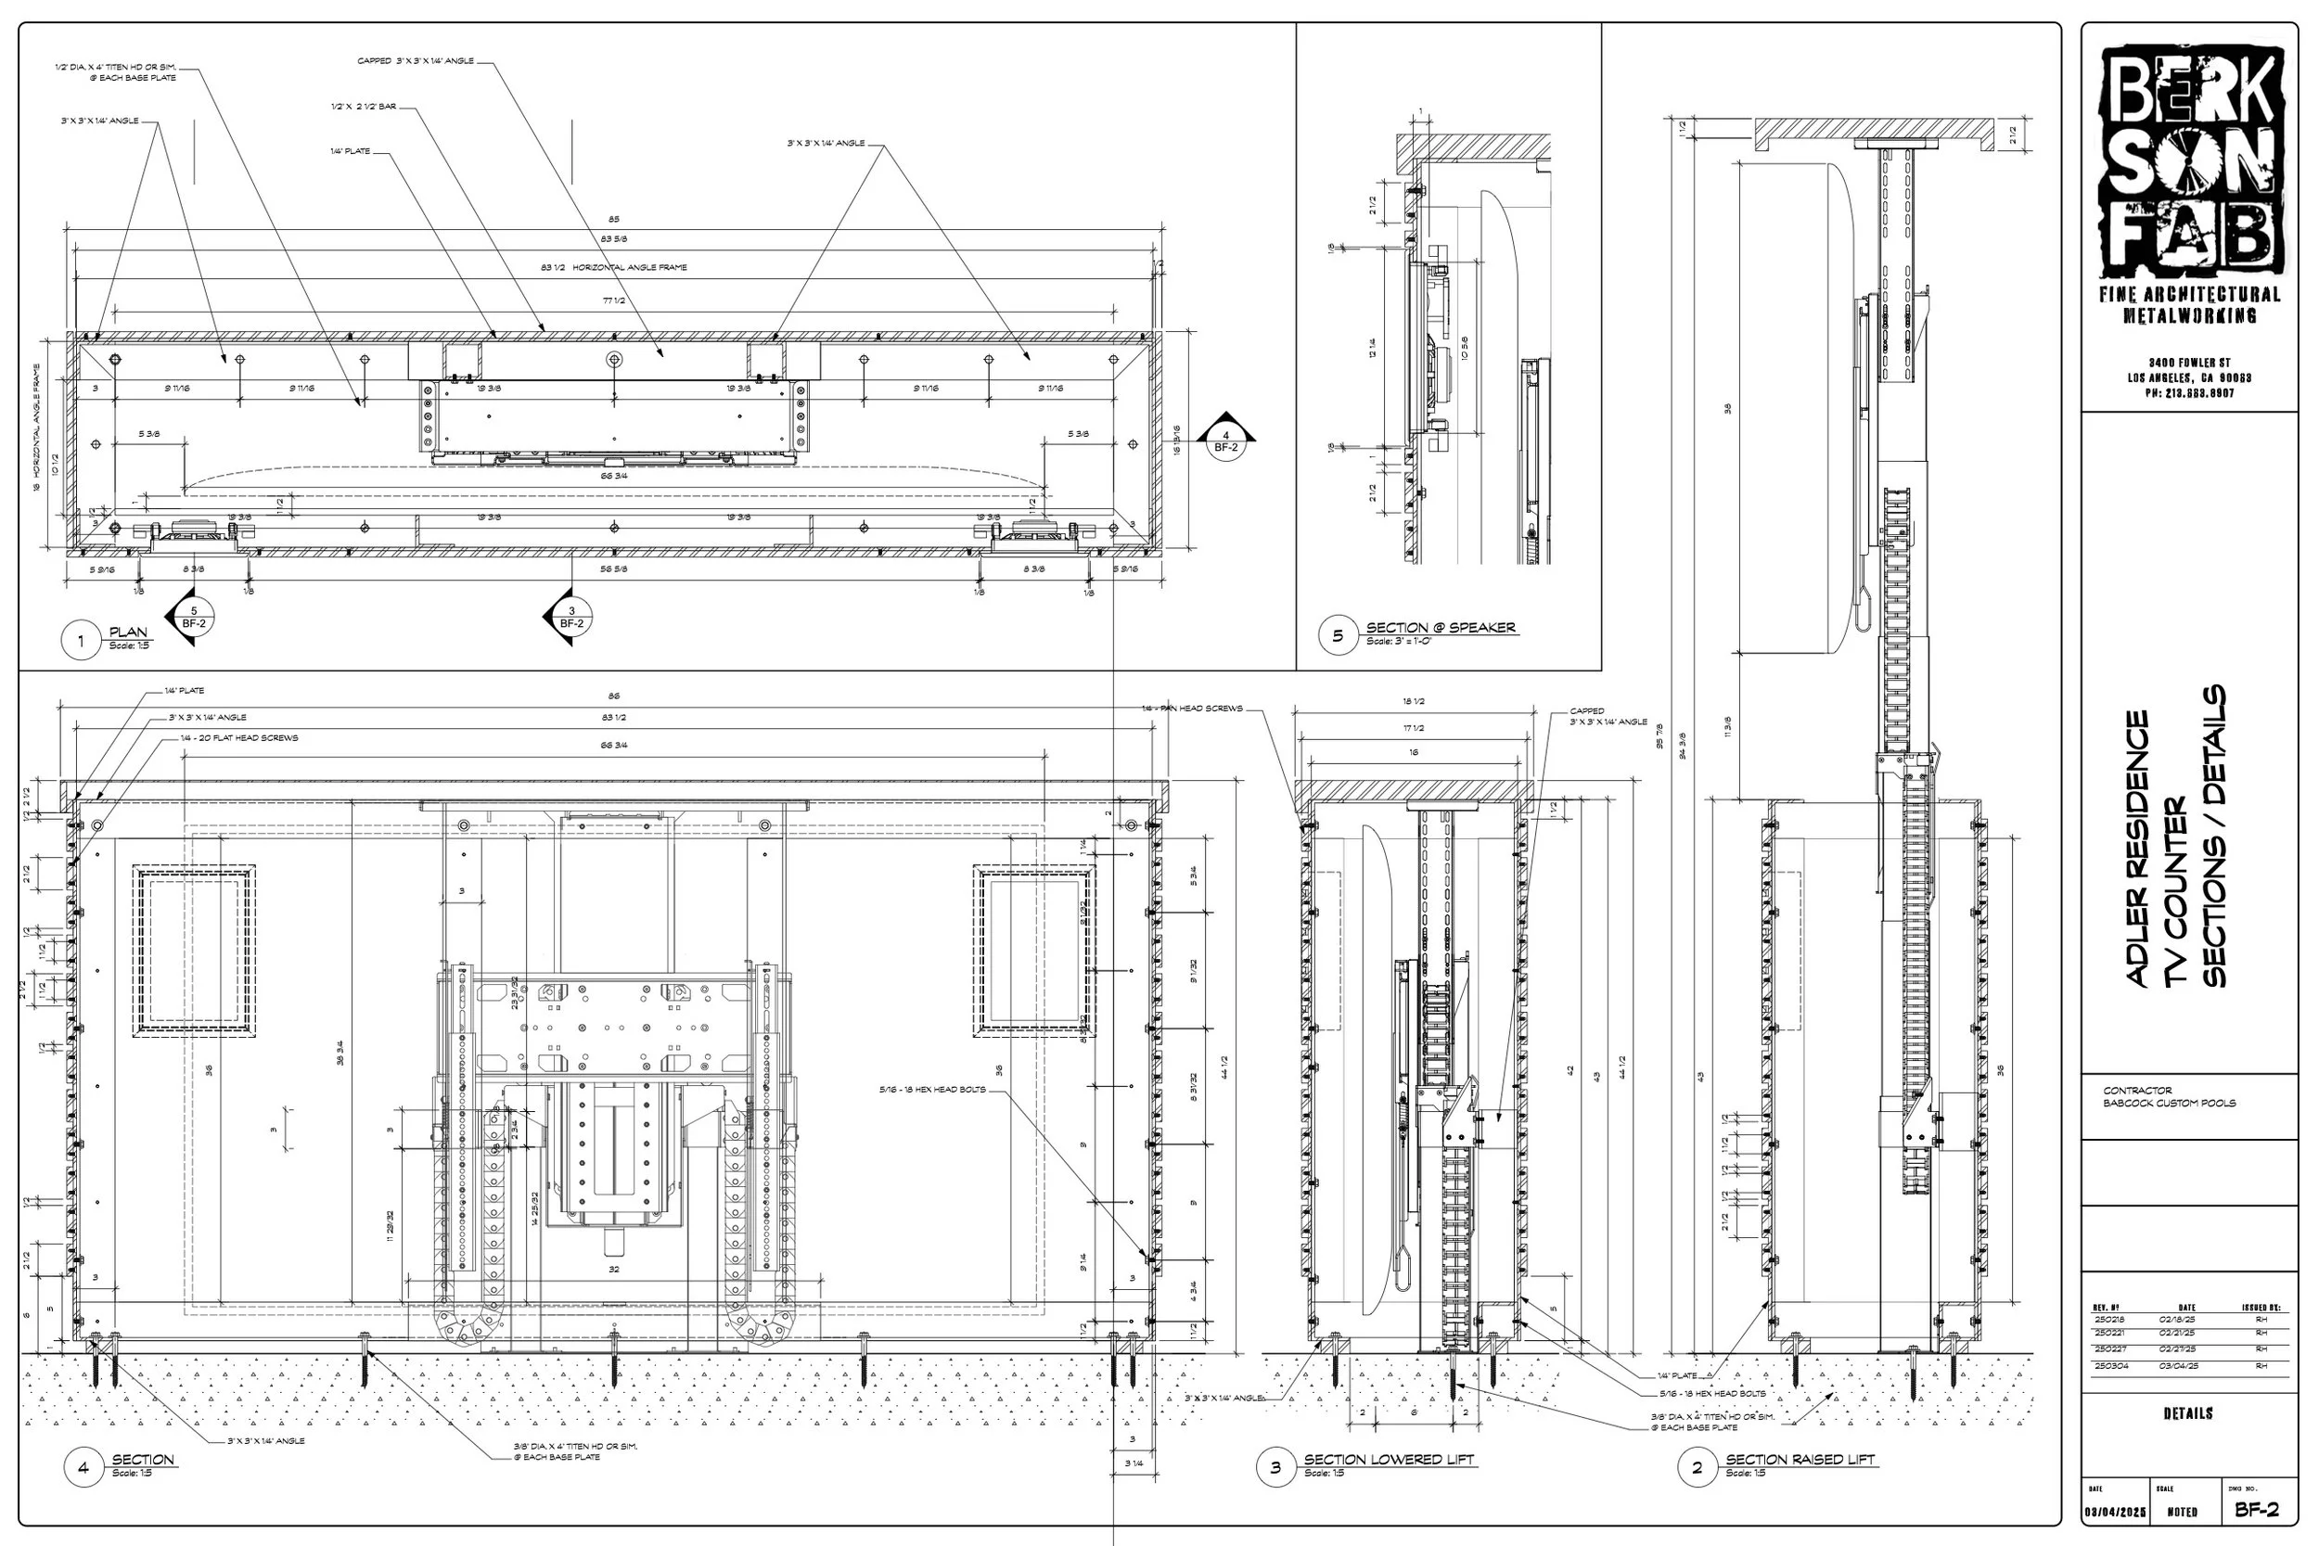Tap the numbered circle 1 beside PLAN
81,640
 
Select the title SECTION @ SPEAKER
1441,627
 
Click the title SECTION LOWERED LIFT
1389,1459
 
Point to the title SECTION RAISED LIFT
1800,1459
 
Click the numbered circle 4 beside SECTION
83,1468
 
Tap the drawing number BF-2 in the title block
2257,1510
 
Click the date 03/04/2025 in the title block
2115,1512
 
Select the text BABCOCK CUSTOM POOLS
2169,1104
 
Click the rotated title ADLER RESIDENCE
2137,848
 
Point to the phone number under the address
2188,393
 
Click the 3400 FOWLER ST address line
2188,363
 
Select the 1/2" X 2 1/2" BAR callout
364,107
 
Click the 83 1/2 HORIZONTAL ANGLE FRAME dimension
613,267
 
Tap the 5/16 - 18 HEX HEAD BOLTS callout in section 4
931,1090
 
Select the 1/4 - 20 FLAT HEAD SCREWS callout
238,737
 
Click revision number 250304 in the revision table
2111,1365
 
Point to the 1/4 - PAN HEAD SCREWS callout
1192,708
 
